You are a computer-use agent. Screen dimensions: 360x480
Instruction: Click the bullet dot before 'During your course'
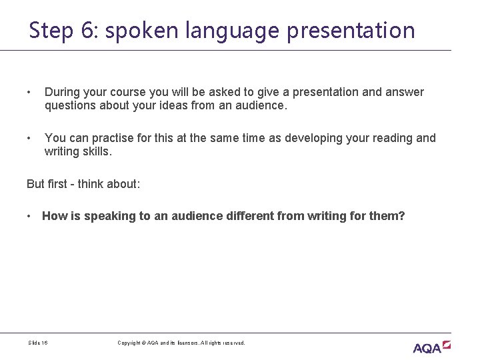pyautogui.click(x=29, y=92)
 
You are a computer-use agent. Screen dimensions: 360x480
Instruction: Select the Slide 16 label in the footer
pyautogui.click(x=38, y=343)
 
